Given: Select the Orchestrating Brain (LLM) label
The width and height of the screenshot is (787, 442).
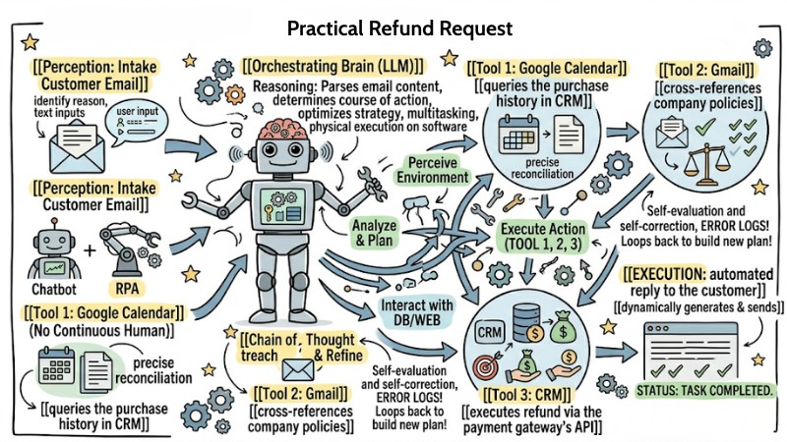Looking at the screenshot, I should [333, 67].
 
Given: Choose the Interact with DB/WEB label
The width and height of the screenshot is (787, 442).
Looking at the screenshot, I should [422, 310].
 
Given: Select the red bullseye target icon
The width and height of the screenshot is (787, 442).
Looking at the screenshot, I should [490, 365].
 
